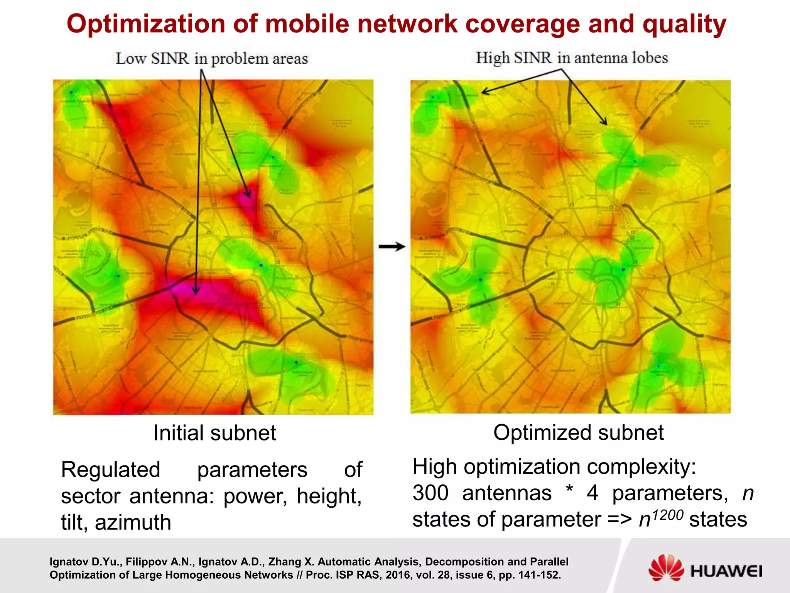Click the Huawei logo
coord(705,568)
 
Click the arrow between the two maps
coord(392,247)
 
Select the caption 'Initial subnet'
coord(214,433)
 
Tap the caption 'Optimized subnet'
coord(578,432)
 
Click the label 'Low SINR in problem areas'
coord(212,59)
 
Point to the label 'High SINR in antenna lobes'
coord(572,58)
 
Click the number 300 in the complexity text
coord(430,493)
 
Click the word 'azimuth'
coord(133,522)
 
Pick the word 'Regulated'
coord(111,470)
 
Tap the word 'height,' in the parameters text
coord(329,496)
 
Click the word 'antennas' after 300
coord(507,493)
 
